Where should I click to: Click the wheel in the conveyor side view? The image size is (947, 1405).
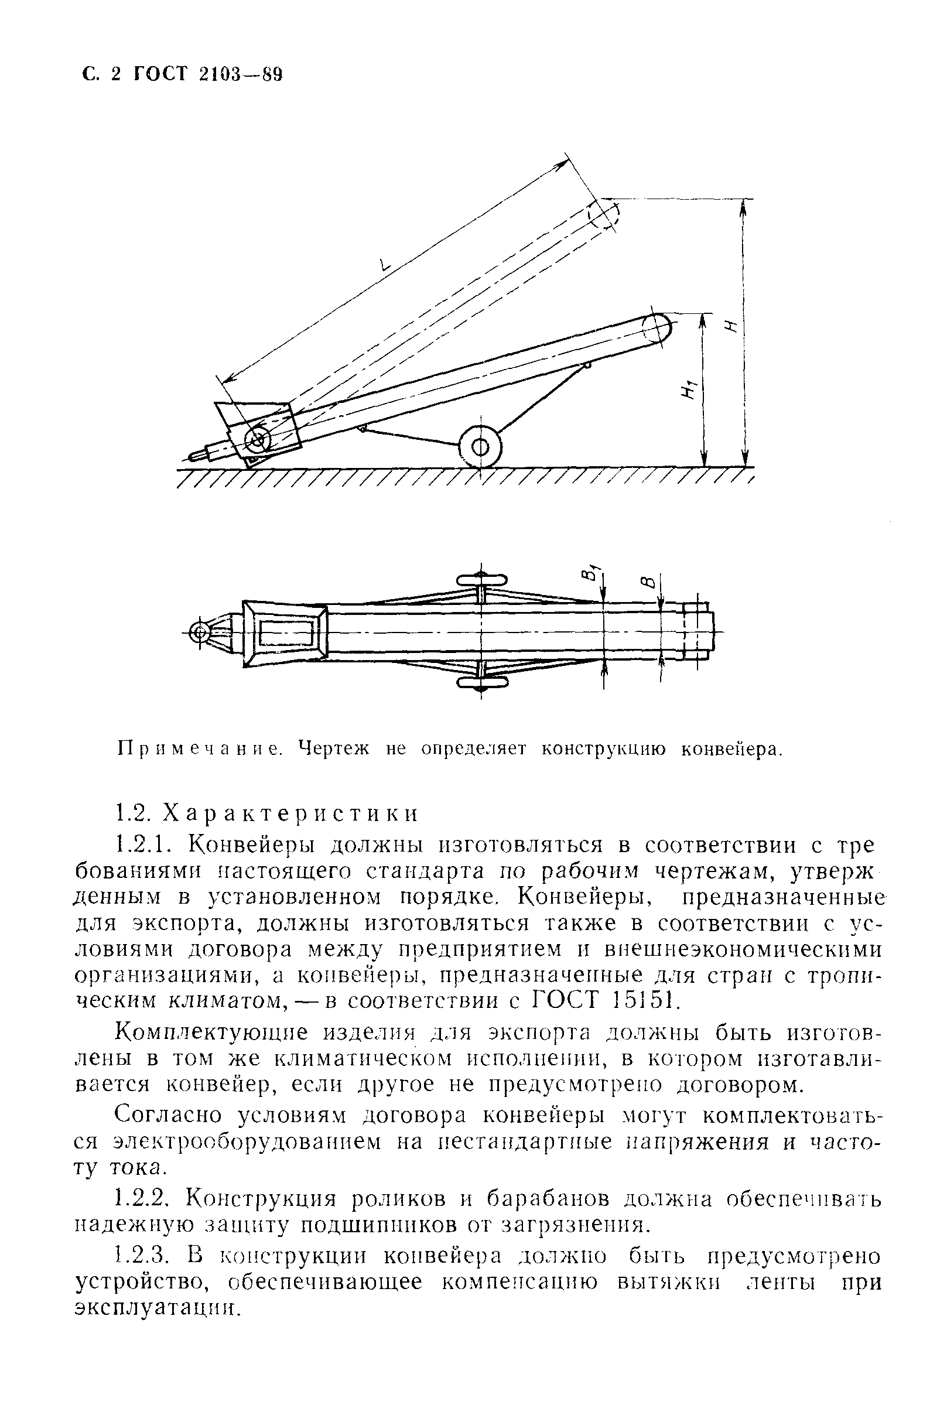[480, 447]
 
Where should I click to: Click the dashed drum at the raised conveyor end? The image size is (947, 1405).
[604, 214]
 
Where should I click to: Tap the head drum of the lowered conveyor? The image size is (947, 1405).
[657, 329]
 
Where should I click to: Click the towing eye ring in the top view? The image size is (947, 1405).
[199, 632]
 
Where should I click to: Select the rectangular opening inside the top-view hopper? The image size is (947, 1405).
[287, 633]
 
